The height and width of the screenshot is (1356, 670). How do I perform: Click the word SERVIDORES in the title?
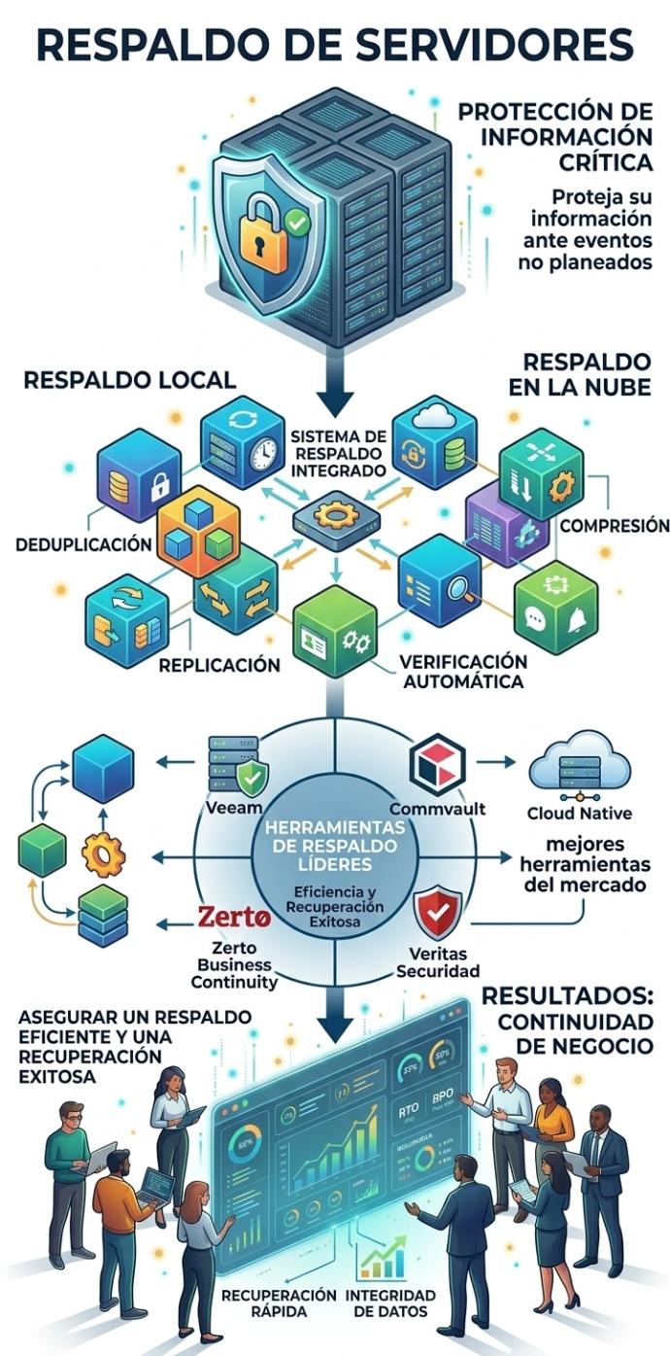coord(485,46)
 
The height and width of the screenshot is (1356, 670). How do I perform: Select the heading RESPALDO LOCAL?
coord(129,379)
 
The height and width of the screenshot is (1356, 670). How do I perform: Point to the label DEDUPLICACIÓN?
coord(84,544)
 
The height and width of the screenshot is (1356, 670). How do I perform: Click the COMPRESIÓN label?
coord(615,526)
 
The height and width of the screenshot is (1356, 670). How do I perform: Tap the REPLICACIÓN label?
coord(219,666)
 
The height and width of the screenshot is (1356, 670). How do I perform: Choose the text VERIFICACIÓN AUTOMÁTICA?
coord(463,671)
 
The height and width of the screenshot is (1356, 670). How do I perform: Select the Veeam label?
coord(235,809)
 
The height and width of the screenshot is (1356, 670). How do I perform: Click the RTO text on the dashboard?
coord(408,1109)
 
